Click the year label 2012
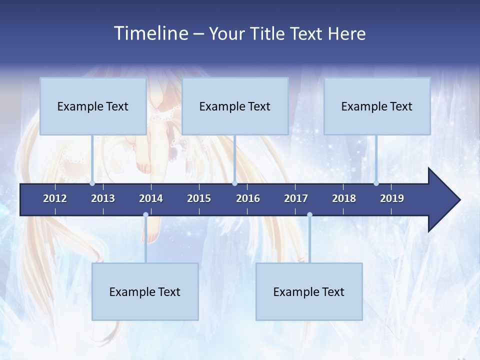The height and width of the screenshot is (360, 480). [x=55, y=198]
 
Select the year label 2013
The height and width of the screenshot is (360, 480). [x=103, y=198]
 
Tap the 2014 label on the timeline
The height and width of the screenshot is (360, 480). [x=151, y=198]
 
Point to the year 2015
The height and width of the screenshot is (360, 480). [x=199, y=198]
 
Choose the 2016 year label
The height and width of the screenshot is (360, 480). [x=248, y=198]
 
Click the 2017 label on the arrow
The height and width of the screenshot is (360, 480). [x=296, y=198]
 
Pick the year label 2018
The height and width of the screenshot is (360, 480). [x=344, y=198]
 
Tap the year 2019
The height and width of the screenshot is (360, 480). [x=392, y=198]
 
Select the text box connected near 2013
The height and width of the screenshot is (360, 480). [x=92, y=106]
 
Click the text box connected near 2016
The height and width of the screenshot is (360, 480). [x=234, y=106]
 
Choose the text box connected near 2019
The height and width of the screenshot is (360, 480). [x=376, y=106]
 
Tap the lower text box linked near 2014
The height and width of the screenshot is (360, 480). [x=145, y=291]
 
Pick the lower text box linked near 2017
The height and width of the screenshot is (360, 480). [x=309, y=291]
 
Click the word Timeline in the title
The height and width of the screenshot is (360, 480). [x=150, y=33]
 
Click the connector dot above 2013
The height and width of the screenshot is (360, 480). [x=92, y=183]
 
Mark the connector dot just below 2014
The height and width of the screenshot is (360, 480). [x=145, y=215]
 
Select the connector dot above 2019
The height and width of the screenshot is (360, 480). [x=376, y=183]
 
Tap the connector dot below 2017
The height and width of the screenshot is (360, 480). [x=309, y=215]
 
